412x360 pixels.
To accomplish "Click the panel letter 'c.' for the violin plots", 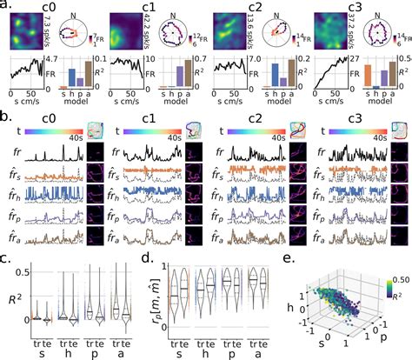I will point(6,256).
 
